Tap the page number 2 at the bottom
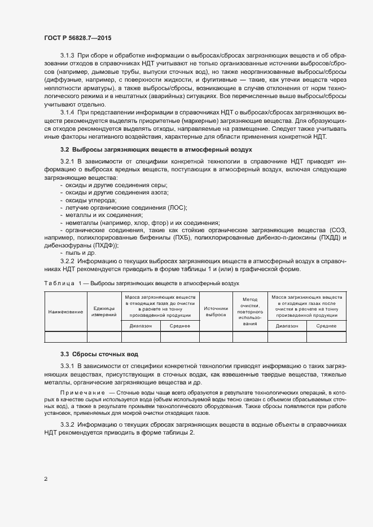[46, 479]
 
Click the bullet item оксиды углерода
[91, 201]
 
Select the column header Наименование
[65, 311]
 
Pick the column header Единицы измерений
[104, 311]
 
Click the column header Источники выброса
[216, 311]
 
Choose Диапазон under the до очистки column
[141, 326]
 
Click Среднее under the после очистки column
[326, 326]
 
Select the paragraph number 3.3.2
[67, 423]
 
